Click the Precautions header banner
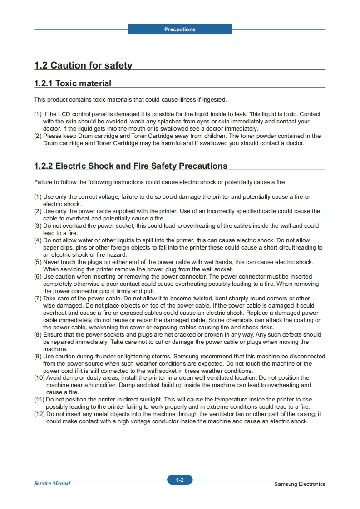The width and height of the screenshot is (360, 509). (x=180, y=29)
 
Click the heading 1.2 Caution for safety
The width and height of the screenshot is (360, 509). (x=83, y=65)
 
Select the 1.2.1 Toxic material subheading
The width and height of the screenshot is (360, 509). (x=73, y=83)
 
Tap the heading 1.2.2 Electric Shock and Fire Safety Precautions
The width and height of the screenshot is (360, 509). (x=131, y=166)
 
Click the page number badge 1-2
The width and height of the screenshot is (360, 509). (x=180, y=480)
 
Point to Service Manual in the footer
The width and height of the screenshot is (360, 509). (x=52, y=483)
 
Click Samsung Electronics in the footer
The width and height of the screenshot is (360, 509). (x=300, y=484)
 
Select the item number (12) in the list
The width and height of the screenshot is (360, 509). (x=39, y=414)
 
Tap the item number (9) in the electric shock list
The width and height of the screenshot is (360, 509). (x=38, y=357)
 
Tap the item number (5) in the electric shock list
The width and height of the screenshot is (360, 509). (x=38, y=262)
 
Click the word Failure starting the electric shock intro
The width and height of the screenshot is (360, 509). (x=44, y=182)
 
